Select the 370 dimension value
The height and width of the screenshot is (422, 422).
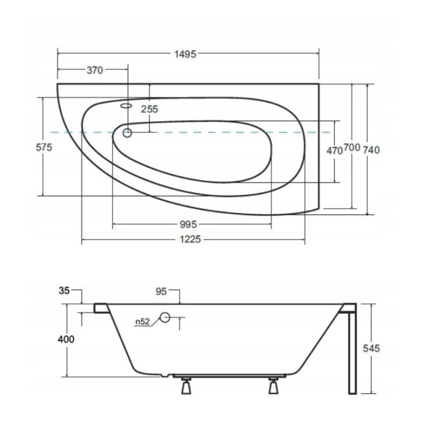click(x=94, y=71)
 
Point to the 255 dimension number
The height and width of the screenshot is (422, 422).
click(x=149, y=109)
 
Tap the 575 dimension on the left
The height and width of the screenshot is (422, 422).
click(x=44, y=147)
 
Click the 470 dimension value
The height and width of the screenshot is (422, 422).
click(x=334, y=150)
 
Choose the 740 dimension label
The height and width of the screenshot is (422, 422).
click(x=371, y=150)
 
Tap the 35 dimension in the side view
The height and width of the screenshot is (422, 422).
click(x=64, y=290)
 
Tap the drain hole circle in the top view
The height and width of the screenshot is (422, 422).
click(x=127, y=133)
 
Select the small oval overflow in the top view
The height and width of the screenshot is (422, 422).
click(x=126, y=106)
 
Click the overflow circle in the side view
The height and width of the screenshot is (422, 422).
click(x=165, y=318)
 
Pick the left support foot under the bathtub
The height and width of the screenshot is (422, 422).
click(x=187, y=386)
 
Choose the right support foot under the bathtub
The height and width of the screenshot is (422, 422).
click(x=273, y=386)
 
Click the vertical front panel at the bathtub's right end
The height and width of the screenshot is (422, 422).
click(x=350, y=350)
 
